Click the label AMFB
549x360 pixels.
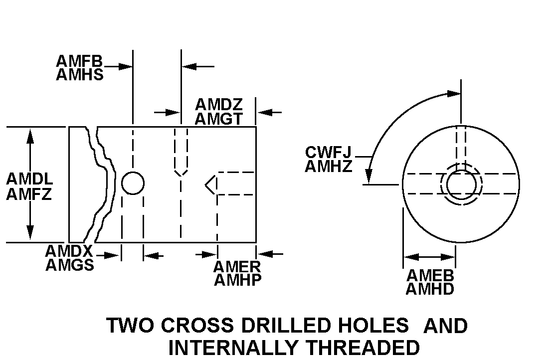click(x=79, y=61)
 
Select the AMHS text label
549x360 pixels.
click(x=80, y=75)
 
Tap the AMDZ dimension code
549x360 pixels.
click(x=219, y=104)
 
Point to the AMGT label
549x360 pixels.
click(x=218, y=119)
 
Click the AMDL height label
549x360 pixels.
click(x=29, y=179)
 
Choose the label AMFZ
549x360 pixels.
click(x=29, y=193)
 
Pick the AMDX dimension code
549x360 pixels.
click(x=69, y=251)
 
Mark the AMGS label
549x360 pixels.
click(x=70, y=265)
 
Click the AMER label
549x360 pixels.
click(x=237, y=267)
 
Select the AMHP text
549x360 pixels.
click(x=238, y=280)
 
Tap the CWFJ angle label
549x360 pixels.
click(x=328, y=153)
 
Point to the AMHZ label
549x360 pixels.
click(x=329, y=166)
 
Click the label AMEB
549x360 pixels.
click(x=430, y=276)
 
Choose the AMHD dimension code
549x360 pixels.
click(x=430, y=289)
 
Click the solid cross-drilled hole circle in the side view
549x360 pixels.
click(x=133, y=183)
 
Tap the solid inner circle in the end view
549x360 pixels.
click(x=461, y=184)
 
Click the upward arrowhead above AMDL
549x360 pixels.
click(x=30, y=137)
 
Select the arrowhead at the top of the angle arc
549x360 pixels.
click(x=454, y=94)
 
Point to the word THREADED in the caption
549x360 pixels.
click(x=363, y=348)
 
